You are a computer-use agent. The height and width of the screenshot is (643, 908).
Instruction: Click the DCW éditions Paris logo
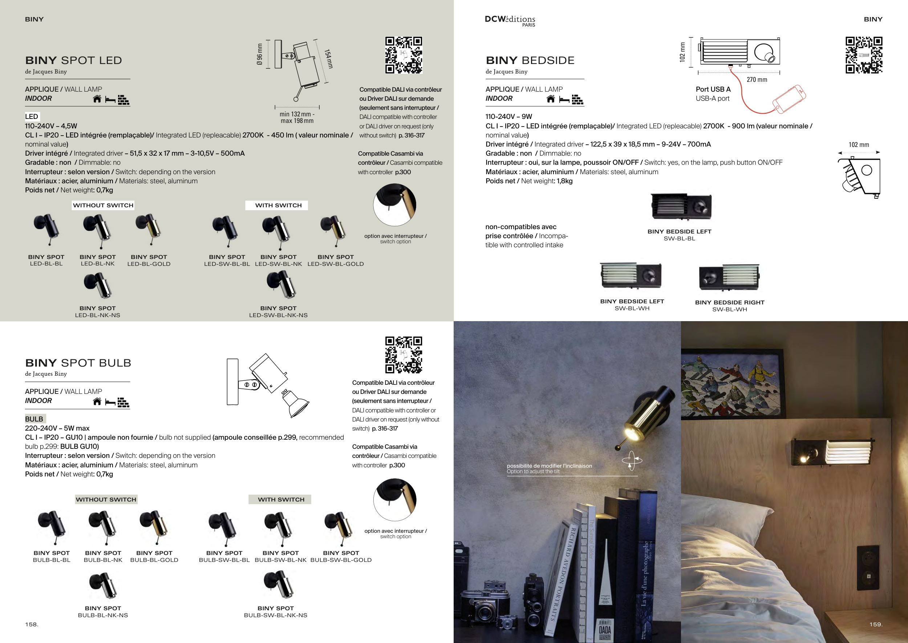pos(510,21)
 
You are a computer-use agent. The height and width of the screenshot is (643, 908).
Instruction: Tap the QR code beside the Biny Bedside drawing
pos(864,55)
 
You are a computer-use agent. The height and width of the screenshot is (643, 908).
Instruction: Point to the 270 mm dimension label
pos(757,80)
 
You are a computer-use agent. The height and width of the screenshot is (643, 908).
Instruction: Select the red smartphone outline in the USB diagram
pos(789,99)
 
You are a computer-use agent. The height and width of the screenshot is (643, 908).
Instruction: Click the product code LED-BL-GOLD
pos(149,264)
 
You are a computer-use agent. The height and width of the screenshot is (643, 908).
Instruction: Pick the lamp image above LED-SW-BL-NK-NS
pos(280,285)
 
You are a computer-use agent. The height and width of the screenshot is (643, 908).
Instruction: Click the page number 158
pos(32,624)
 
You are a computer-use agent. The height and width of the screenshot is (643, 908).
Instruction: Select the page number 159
pos(876,624)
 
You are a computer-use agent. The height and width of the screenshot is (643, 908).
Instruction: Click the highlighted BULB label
pos(35,419)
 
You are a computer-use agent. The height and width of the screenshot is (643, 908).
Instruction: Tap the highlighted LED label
pos(32,116)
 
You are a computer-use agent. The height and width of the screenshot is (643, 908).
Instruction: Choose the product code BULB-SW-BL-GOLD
pos(341,560)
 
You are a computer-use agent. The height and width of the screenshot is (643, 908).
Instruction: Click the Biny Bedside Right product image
pos(729,277)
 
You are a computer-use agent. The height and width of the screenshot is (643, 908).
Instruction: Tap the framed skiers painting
pos(731,383)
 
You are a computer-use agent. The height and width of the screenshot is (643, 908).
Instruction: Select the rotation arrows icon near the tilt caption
pos(632,460)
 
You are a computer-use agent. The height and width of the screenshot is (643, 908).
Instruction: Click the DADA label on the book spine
pos(605,630)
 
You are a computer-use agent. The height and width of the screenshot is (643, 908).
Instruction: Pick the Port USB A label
pos(713,89)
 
